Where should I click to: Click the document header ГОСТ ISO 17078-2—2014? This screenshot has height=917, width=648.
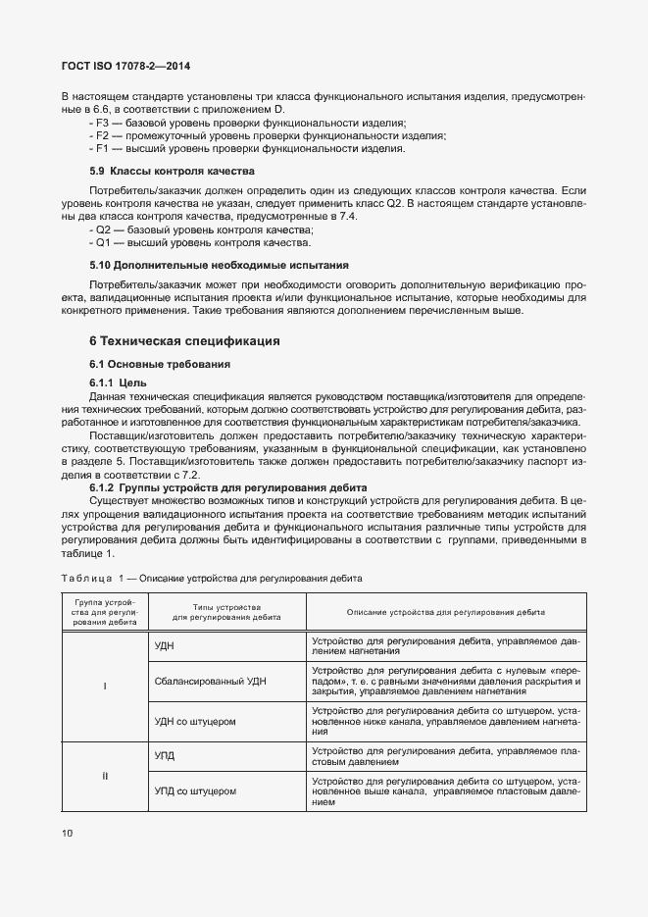125,67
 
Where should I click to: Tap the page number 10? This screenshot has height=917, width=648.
68,834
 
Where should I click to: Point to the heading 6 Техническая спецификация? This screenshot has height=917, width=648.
184,341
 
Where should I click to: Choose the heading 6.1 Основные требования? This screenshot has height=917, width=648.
159,364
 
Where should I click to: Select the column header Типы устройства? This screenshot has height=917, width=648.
226,611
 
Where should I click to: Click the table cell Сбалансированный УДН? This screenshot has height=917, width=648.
211,681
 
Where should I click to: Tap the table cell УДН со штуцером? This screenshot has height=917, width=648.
197,721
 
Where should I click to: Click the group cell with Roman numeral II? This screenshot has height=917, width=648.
104,775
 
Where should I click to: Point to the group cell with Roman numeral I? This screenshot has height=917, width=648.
104,686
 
